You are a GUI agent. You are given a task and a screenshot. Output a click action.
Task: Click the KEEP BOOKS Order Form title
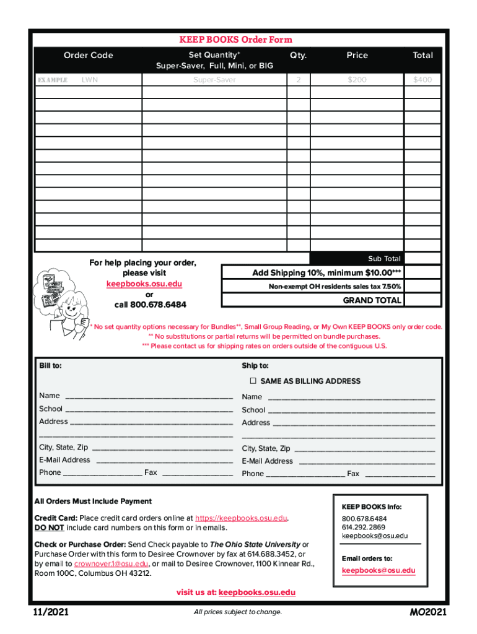coord(235,40)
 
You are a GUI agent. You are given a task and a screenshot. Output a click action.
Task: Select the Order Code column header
coord(88,55)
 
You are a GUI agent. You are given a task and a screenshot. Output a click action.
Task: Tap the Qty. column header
coord(298,55)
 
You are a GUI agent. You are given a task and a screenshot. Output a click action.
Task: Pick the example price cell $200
coord(357,80)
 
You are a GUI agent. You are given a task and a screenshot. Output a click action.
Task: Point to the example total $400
coord(422,80)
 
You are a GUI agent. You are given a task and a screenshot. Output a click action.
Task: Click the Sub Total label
coord(384,259)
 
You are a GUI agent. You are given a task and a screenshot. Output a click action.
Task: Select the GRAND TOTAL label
coord(372,300)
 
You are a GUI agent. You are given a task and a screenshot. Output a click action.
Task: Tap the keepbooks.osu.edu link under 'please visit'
coord(144,284)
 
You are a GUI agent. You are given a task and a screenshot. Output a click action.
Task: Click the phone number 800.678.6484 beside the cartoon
coord(150,305)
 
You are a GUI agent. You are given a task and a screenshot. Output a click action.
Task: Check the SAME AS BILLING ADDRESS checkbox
coord(253,381)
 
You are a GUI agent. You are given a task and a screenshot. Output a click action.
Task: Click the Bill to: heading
coord(50,365)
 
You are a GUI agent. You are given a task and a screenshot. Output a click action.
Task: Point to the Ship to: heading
coord(255,365)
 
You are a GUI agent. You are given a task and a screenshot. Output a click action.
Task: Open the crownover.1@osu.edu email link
coord(111,563)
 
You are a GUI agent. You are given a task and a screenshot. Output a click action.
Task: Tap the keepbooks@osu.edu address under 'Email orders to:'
coord(379,570)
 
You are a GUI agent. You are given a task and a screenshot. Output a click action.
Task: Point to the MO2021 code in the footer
coord(427,613)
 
